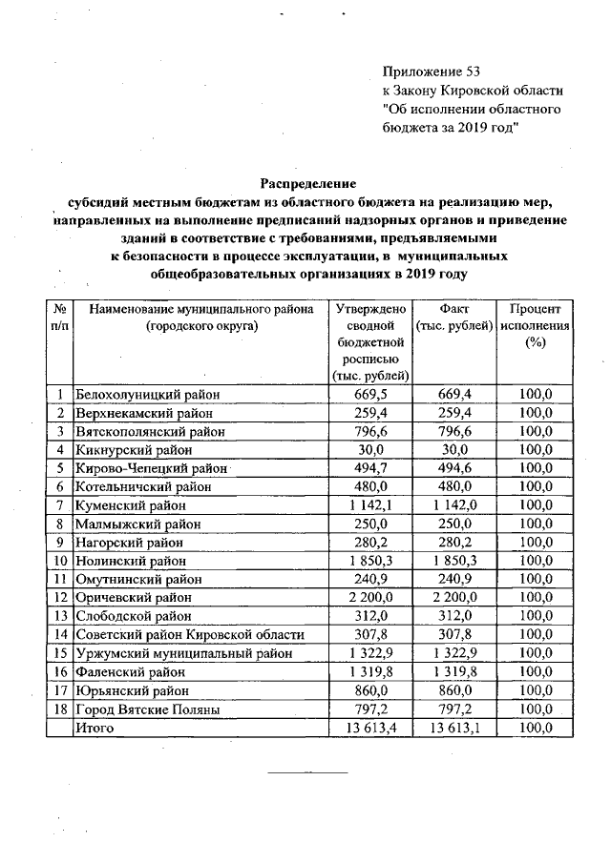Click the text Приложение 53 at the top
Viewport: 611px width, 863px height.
[427, 72]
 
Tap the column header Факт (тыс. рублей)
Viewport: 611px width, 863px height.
[453, 318]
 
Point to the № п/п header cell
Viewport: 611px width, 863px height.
[60, 318]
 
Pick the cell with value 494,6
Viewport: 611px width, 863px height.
[453, 468]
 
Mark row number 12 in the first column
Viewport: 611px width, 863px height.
[60, 598]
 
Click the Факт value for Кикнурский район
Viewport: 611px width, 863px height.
[453, 450]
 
